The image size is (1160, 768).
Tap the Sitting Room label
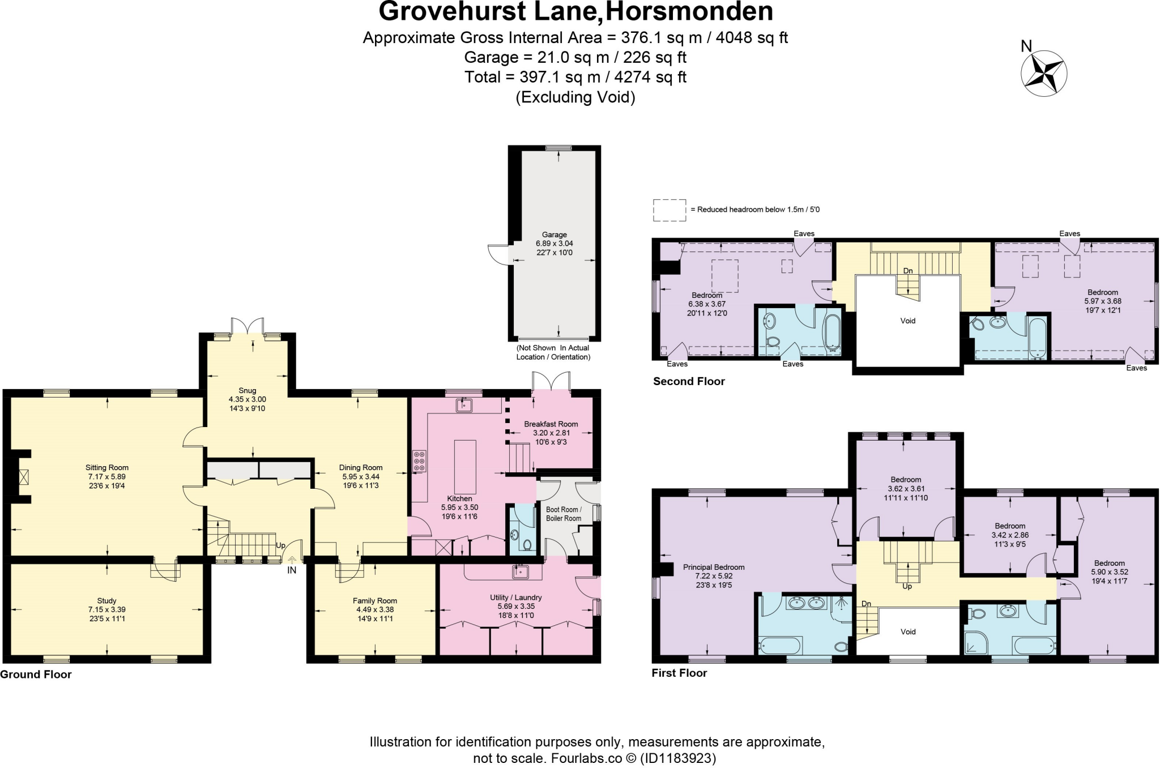[x=106, y=467]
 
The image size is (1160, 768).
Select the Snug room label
[x=247, y=390]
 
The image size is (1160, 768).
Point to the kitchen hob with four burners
[x=419, y=461]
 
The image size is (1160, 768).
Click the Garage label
[x=554, y=234]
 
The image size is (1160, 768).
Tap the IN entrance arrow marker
[x=292, y=561]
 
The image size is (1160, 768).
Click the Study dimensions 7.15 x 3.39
[x=106, y=610]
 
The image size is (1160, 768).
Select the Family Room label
[x=374, y=600]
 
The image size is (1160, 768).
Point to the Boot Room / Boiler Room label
[x=563, y=514]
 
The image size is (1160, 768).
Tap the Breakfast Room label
[x=551, y=424]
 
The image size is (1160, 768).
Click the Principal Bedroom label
[x=713, y=567]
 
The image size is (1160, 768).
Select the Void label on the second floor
[x=907, y=321]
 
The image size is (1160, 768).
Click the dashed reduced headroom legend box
[x=669, y=210]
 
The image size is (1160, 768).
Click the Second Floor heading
[x=689, y=381]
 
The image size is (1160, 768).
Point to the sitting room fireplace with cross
[x=24, y=476]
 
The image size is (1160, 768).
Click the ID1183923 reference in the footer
[x=677, y=758]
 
